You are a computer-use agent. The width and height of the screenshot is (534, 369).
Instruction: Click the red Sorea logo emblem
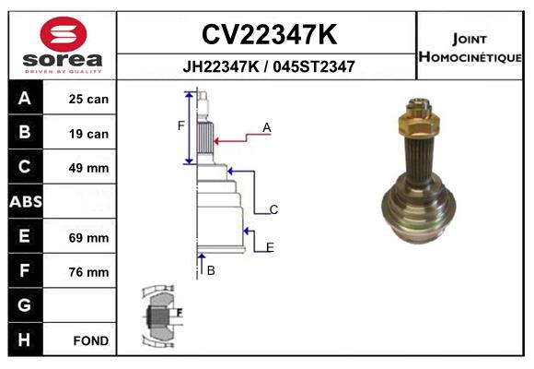click(x=64, y=34)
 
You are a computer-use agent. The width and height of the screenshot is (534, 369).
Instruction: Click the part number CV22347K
click(x=269, y=34)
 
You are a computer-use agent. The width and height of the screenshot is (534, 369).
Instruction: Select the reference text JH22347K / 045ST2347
click(x=269, y=66)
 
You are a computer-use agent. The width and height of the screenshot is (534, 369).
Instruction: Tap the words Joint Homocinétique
click(x=470, y=48)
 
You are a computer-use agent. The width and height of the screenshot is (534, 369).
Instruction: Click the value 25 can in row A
click(x=88, y=99)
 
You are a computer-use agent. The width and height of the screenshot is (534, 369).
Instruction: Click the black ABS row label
click(x=26, y=201)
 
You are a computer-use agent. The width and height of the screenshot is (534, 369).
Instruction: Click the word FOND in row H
click(x=91, y=340)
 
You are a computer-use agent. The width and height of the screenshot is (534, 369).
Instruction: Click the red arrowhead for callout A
click(x=216, y=140)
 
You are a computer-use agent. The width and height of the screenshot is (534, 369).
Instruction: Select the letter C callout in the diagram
click(x=273, y=209)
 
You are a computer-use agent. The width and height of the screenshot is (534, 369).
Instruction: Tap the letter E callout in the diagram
click(x=270, y=247)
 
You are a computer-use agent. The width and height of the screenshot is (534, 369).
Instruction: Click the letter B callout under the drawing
click(x=211, y=270)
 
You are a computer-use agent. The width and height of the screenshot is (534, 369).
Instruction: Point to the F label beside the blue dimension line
click(x=180, y=125)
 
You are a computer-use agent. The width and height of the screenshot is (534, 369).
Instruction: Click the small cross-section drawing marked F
click(x=162, y=315)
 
